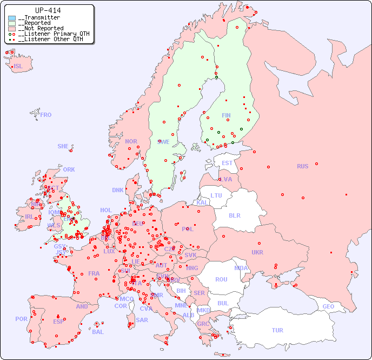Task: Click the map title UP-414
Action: pyautogui.click(x=48, y=10)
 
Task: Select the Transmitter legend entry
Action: pyautogui.click(x=38, y=17)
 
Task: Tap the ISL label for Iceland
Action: pyautogui.click(x=18, y=67)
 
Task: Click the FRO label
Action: pyautogui.click(x=46, y=115)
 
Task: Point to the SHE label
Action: pyautogui.click(x=63, y=146)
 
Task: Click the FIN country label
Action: pyautogui.click(x=226, y=115)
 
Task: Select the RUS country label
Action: pyautogui.click(x=302, y=166)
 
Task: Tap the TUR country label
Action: pyautogui.click(x=277, y=330)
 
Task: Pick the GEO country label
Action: pyautogui.click(x=328, y=306)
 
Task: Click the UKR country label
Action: pyautogui.click(x=257, y=252)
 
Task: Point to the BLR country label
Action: pyautogui.click(x=234, y=215)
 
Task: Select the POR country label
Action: pyautogui.click(x=21, y=319)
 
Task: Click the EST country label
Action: pyautogui.click(x=227, y=163)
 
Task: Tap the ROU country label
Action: pyautogui.click(x=221, y=279)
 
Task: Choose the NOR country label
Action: pyautogui.click(x=131, y=141)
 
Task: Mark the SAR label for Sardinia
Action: pyautogui.click(x=142, y=320)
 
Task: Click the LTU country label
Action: pyautogui.click(x=216, y=195)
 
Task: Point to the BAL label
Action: pyautogui.click(x=98, y=332)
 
